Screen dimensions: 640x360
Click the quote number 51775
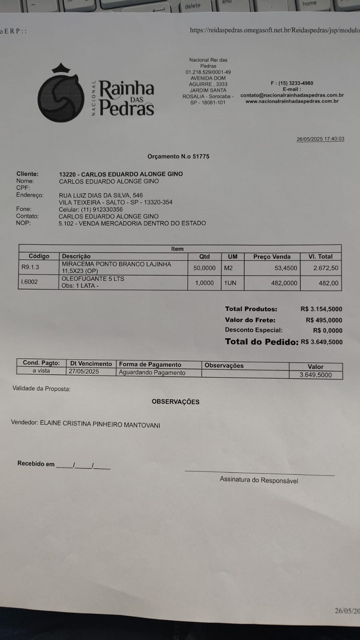201,156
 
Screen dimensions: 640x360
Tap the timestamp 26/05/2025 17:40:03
320,139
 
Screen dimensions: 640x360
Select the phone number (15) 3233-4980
296,83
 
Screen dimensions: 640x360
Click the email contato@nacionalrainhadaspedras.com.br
292,95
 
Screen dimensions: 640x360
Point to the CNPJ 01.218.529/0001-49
208,72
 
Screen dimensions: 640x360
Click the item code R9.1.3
30,267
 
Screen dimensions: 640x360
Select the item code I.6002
30,282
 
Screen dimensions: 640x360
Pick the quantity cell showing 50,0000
204,268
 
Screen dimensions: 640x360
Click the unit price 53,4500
286,268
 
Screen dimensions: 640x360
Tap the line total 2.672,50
326,268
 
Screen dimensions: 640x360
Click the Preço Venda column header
272,257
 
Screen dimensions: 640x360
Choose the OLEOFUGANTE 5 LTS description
93,279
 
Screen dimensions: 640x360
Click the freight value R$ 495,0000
324,320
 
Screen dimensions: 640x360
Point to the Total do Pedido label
261,342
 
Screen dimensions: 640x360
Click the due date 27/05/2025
84,371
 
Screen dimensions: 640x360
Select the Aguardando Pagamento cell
152,373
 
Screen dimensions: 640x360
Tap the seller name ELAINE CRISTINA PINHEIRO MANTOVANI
100,424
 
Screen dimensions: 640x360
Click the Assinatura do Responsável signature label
259,480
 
